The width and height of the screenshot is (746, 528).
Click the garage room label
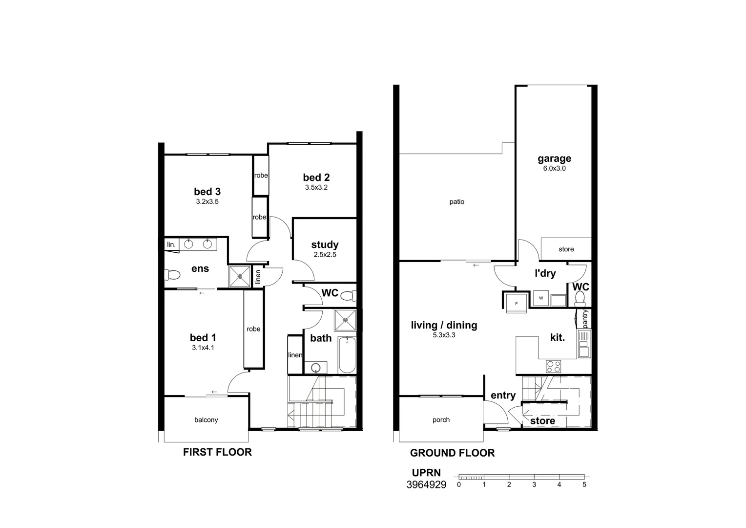click(554, 158)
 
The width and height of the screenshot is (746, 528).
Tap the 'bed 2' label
click(316, 177)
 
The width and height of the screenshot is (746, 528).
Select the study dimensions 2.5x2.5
click(325, 255)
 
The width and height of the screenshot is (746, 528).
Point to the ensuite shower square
click(240, 276)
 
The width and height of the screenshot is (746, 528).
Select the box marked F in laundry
click(516, 303)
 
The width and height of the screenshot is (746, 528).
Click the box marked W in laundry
click(541, 298)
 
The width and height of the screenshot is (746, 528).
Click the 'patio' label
click(457, 201)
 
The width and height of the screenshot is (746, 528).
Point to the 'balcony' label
click(206, 420)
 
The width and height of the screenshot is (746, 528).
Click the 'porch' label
click(441, 420)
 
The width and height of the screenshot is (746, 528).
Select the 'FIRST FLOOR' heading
click(217, 452)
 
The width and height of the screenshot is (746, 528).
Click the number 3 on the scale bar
click(534, 484)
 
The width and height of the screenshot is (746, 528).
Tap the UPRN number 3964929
click(426, 485)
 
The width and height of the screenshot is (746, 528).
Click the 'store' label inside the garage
click(566, 249)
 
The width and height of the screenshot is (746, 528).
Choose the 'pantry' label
click(585, 318)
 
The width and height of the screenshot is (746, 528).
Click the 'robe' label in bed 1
click(253, 329)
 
